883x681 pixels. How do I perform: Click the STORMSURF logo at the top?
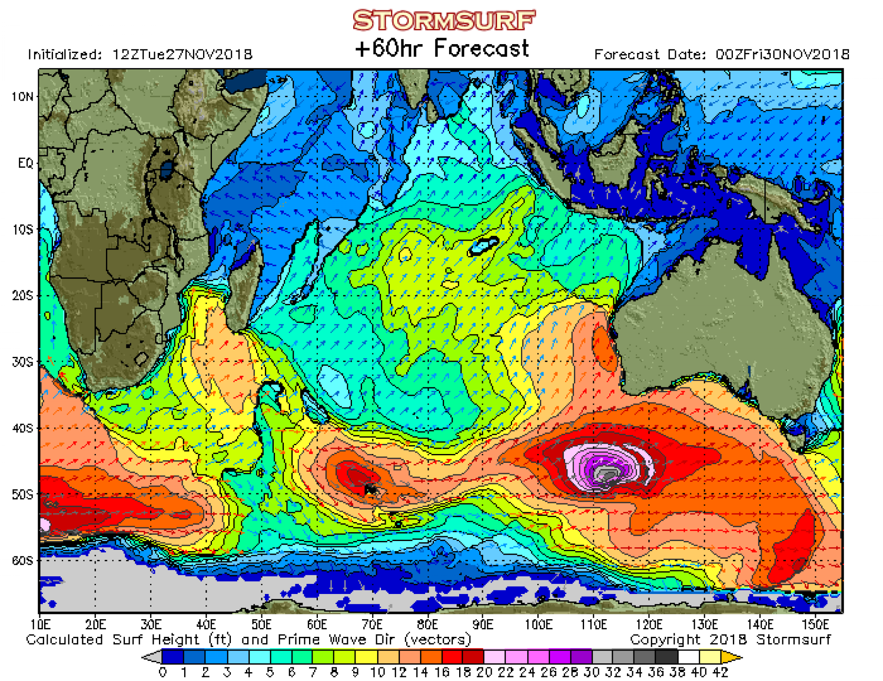click(444, 20)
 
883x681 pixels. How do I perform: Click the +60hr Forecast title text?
click(442, 48)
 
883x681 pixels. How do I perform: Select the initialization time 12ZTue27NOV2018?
click(182, 54)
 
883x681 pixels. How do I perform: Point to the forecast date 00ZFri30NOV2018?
click(782, 54)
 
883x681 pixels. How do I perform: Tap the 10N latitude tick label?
click(22, 96)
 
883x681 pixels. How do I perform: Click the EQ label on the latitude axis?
click(26, 163)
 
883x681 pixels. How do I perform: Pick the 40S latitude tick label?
click(22, 428)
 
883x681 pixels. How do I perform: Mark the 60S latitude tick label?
click(22, 560)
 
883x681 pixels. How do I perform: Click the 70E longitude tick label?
click(372, 624)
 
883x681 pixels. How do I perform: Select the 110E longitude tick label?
click(593, 624)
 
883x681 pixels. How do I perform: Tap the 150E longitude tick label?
click(815, 624)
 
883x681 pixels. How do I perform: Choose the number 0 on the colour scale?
click(163, 672)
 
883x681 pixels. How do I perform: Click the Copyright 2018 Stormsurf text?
click(730, 639)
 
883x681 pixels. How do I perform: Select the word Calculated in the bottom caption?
click(64, 639)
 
